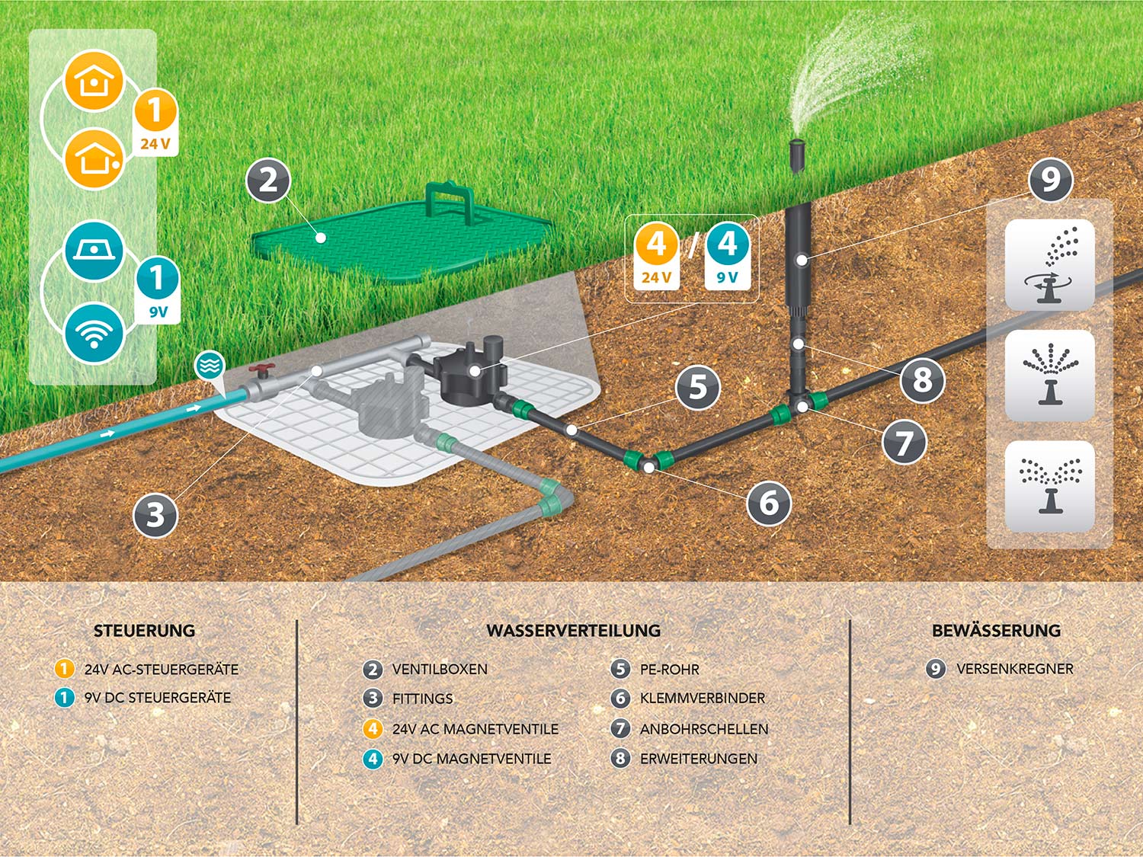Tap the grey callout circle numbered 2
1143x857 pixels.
tap(268, 181)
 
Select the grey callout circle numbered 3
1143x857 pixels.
tap(155, 515)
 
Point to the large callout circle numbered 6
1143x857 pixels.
tap(769, 503)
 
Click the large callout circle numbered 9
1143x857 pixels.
tap(1051, 181)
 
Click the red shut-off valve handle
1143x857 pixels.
tap(263, 371)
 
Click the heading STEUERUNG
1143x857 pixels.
tap(144, 631)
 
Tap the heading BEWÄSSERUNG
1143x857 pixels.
tap(996, 631)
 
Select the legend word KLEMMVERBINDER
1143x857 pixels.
tap(702, 698)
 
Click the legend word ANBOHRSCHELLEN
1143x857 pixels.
tap(703, 729)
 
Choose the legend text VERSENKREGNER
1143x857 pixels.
tap(1014, 669)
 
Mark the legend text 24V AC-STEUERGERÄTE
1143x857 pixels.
tap(161, 670)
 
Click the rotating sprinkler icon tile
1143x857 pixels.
tap(1050, 264)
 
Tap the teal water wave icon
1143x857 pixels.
tap(209, 366)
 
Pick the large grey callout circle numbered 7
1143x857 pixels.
tap(904, 442)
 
